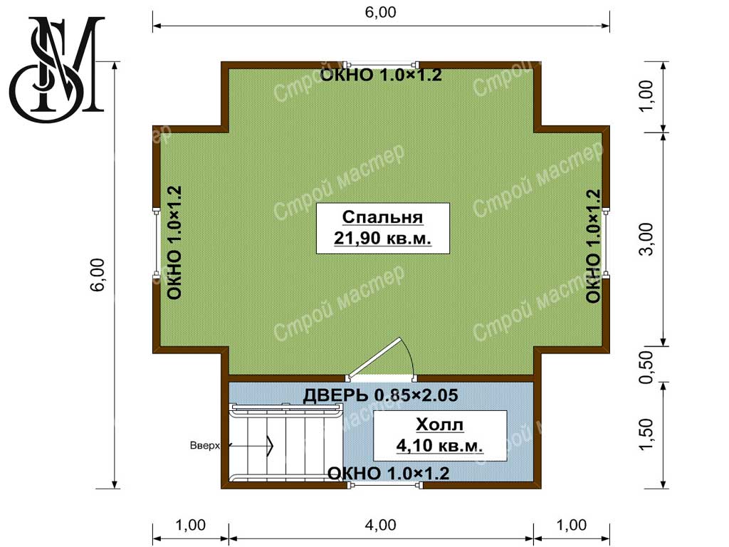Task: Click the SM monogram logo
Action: point(57,68)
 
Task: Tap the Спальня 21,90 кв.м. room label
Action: point(382,228)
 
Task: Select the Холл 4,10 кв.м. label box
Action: point(440,435)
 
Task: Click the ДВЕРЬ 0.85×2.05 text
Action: point(380,395)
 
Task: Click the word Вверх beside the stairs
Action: point(204,446)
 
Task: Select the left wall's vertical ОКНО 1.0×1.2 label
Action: point(174,242)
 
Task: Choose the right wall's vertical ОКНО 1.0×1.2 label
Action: point(593,246)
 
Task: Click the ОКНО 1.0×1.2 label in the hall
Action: point(389,474)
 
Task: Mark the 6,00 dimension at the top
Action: point(380,12)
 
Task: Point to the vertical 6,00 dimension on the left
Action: point(98,274)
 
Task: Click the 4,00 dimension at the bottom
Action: point(380,525)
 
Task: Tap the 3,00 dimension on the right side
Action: point(646,239)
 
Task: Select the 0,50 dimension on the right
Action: point(646,367)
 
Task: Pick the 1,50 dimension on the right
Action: point(646,434)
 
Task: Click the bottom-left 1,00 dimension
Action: point(191,525)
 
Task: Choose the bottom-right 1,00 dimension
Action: point(572,525)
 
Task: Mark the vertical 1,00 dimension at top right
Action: point(646,97)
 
